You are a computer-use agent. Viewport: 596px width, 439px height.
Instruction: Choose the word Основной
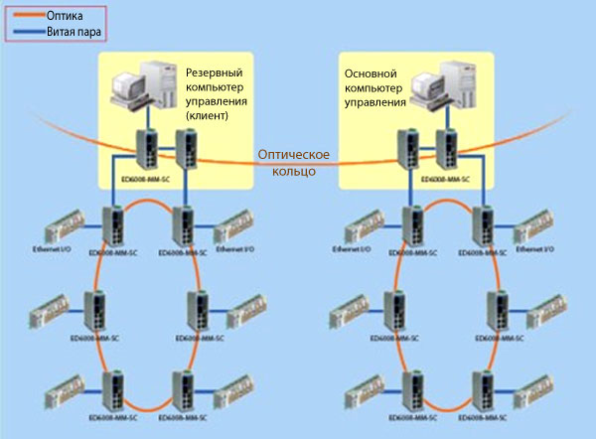(x=371, y=73)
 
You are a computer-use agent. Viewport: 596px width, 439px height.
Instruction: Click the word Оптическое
(x=293, y=155)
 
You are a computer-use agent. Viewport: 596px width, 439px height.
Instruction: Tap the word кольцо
(x=294, y=171)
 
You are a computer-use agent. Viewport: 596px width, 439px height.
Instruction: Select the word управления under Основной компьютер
(x=375, y=101)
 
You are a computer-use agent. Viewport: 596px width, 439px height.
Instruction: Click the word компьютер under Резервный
(x=216, y=87)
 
